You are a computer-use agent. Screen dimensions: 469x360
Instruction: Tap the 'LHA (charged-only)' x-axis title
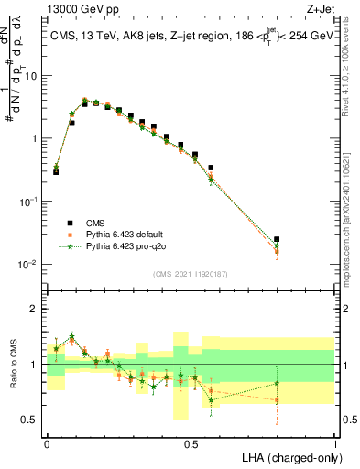pos(287,456)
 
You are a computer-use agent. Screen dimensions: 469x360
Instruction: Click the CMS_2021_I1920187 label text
pos(190,272)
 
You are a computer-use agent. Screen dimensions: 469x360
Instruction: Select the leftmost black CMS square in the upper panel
pos(56,171)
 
